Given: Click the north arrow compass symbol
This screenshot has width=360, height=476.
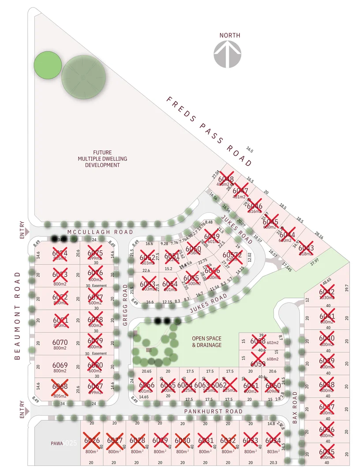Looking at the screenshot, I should tap(228, 54).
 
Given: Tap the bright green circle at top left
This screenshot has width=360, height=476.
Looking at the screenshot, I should tap(47, 66).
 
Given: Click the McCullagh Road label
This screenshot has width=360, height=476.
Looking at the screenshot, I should tap(100, 232).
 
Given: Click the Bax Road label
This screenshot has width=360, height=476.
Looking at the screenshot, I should tap(295, 407).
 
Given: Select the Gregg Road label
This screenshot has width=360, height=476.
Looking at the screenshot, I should tap(125, 311).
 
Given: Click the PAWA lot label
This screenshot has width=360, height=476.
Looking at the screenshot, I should tap(58, 443).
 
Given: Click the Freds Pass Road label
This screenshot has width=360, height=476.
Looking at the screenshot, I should tap(209, 131).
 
